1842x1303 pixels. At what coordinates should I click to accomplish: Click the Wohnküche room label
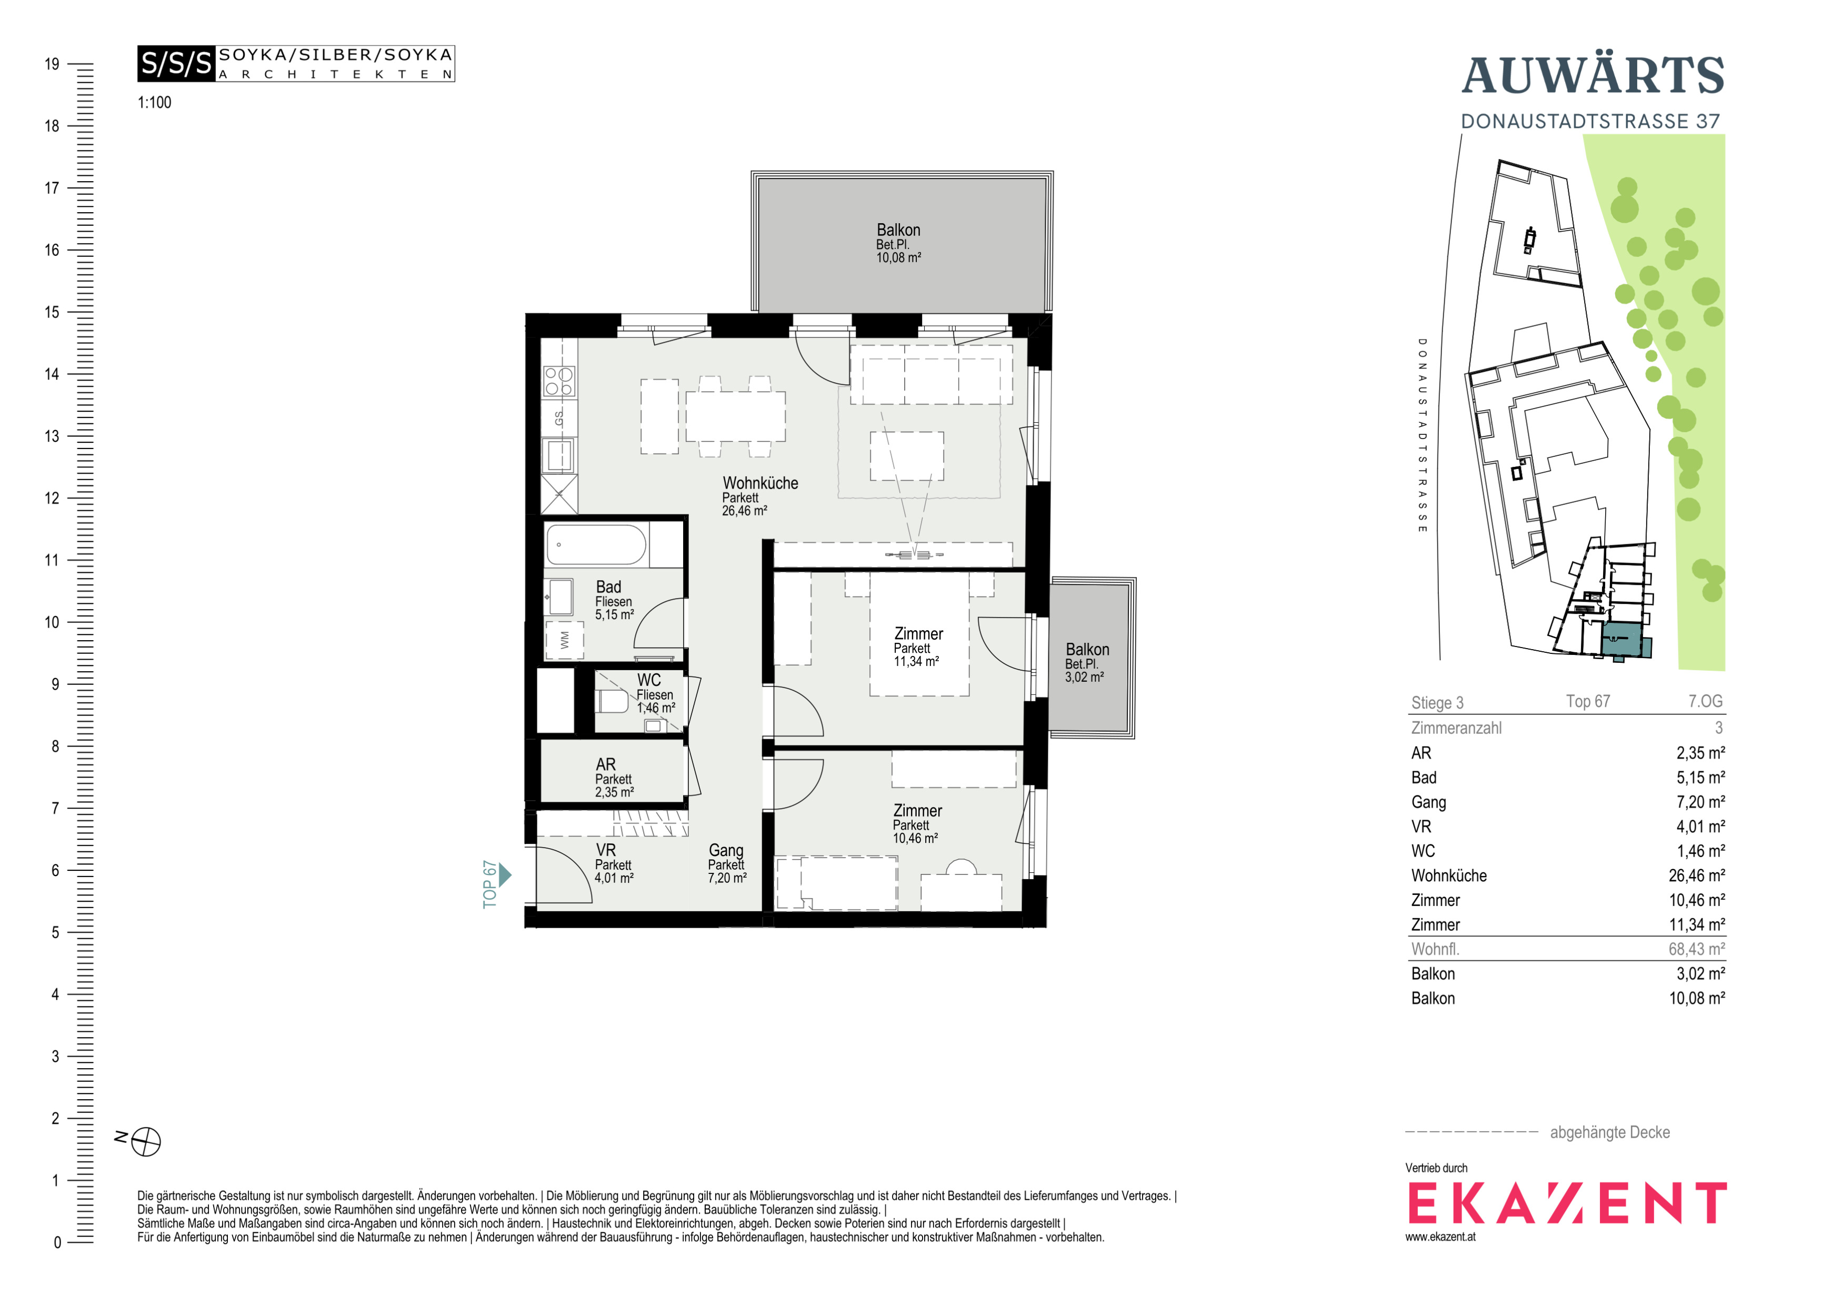(760, 483)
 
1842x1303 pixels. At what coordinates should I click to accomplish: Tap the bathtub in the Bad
(596, 545)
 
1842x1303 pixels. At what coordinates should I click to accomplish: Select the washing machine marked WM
(564, 640)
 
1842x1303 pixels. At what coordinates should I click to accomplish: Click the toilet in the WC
(612, 701)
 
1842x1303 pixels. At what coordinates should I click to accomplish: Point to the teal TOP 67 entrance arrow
(505, 874)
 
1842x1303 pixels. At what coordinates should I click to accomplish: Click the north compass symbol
(146, 1141)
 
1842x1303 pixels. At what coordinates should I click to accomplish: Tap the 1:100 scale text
(154, 103)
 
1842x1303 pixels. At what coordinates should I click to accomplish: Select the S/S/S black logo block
(176, 63)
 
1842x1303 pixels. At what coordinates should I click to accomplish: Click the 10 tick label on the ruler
(52, 622)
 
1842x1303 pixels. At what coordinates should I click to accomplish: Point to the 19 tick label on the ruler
(52, 64)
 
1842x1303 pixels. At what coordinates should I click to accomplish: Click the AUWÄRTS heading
(1593, 75)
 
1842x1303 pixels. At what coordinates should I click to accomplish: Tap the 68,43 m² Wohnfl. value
(1696, 949)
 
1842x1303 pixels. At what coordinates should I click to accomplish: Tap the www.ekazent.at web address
(1440, 1237)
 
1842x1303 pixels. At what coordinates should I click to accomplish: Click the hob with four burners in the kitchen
(559, 381)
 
